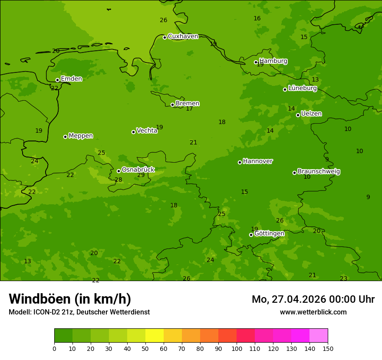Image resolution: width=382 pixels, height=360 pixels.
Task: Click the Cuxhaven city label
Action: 183,36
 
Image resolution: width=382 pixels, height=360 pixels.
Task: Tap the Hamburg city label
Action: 273,61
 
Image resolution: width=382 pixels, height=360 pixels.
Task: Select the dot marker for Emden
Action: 57,80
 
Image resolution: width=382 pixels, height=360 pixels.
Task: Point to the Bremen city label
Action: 187,104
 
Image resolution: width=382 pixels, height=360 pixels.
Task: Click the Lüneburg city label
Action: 302,88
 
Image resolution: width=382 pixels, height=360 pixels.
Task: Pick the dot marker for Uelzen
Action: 298,115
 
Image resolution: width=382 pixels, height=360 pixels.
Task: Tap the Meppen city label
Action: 80,136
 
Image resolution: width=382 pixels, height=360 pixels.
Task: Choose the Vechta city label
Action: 147,131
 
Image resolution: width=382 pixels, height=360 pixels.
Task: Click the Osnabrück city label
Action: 138,170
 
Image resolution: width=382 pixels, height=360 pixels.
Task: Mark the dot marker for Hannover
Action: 240,162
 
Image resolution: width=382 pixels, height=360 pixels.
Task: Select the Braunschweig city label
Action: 319,171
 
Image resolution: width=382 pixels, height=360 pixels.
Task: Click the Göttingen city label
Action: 269,233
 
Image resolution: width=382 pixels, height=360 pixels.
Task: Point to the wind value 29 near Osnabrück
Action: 141,175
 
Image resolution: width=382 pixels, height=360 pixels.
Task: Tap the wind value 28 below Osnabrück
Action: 119,180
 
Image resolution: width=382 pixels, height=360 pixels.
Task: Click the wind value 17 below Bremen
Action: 189,109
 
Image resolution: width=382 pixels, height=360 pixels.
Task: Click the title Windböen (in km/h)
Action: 70,299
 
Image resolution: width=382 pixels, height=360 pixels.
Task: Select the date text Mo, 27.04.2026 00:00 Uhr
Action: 313,299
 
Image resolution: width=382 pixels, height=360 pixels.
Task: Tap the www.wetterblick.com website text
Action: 313,312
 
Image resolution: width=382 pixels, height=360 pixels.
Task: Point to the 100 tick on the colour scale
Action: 237,348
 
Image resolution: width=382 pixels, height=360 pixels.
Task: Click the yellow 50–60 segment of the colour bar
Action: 155,336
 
